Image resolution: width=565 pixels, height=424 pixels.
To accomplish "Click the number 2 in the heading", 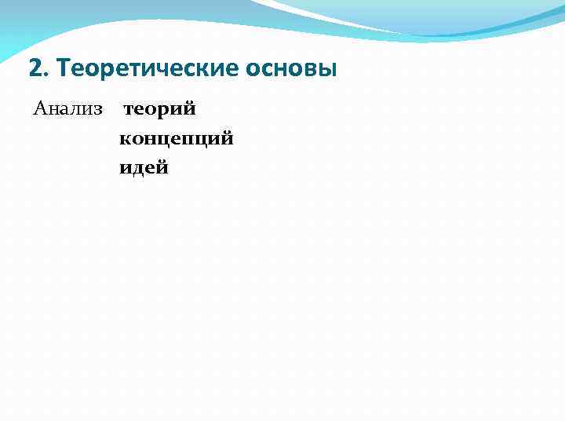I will click(x=34, y=69).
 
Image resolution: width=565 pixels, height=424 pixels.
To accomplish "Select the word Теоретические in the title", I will click(x=142, y=69).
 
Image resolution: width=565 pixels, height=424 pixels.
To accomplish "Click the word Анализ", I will click(x=68, y=108).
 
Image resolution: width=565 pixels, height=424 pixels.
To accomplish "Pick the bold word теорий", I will click(x=159, y=108).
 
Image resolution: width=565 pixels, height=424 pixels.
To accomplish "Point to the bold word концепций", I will click(x=177, y=139).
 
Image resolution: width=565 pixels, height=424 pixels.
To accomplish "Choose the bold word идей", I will click(x=144, y=167).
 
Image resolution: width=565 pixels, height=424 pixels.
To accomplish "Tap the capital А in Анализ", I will click(x=40, y=108).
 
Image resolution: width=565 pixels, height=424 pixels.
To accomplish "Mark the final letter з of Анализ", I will click(x=98, y=109).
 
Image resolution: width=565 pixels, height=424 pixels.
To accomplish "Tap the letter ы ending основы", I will click(x=327, y=70).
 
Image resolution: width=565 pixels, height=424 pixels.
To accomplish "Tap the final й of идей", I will click(x=162, y=167).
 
